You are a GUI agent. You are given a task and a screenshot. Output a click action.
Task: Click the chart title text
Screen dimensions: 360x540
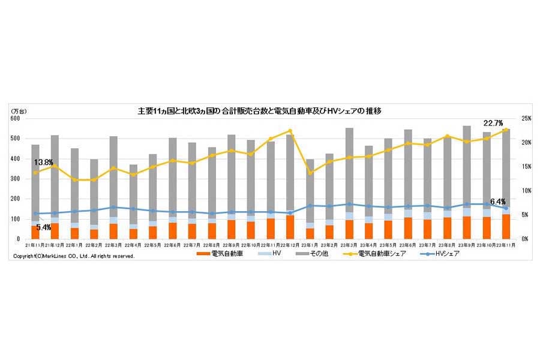(x=260, y=111)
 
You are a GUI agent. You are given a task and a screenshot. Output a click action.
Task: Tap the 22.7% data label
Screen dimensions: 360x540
(x=493, y=122)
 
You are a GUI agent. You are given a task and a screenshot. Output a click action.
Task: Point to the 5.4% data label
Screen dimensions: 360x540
(x=44, y=228)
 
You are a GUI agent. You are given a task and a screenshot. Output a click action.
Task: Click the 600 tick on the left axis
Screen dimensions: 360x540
(x=16, y=119)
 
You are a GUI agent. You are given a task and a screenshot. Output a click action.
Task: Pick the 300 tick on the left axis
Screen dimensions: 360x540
(x=16, y=179)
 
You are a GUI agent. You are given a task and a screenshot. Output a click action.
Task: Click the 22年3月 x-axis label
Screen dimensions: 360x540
(x=113, y=245)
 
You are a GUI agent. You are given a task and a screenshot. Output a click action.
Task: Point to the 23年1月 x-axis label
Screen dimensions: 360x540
(x=309, y=245)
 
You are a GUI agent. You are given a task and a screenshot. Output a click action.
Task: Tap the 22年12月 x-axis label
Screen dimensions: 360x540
(x=289, y=245)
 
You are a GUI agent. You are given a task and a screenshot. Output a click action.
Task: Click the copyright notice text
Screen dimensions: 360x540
(x=74, y=256)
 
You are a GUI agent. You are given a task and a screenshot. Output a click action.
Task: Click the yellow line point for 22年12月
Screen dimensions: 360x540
(x=290, y=131)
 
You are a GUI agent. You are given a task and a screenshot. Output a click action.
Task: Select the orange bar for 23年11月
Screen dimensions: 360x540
(x=505, y=227)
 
